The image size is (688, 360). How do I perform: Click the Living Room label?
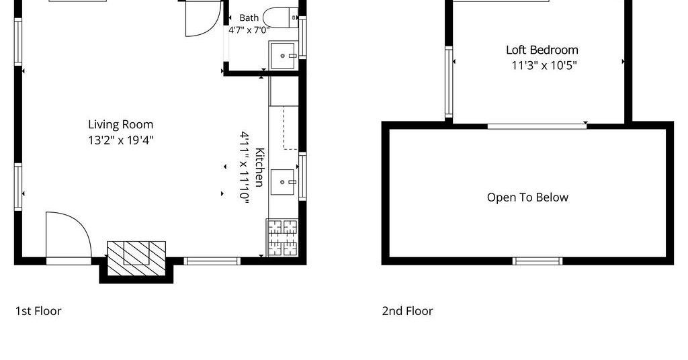pos(121,125)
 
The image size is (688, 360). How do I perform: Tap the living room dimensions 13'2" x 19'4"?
pos(121,140)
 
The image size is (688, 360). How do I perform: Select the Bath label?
pos(249,18)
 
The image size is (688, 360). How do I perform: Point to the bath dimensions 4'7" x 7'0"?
pos(249,30)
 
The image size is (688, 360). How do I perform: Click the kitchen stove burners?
pos(283,238)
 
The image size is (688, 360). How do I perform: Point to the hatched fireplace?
pos(136,259)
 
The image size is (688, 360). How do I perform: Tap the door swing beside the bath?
pos(203,18)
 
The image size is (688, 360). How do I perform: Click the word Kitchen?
pos(259,167)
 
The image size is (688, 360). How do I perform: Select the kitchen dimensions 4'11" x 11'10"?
pos(245,167)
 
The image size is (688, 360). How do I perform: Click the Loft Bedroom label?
pos(542,50)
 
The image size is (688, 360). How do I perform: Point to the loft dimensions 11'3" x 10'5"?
pos(544,66)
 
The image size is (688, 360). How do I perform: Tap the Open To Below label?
pos(527,197)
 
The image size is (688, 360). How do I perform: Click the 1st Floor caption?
pos(38,311)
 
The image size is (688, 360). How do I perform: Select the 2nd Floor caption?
pos(407,311)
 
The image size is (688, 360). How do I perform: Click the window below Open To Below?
pos(537,261)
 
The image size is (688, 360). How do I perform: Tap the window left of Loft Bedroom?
pos(449,82)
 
